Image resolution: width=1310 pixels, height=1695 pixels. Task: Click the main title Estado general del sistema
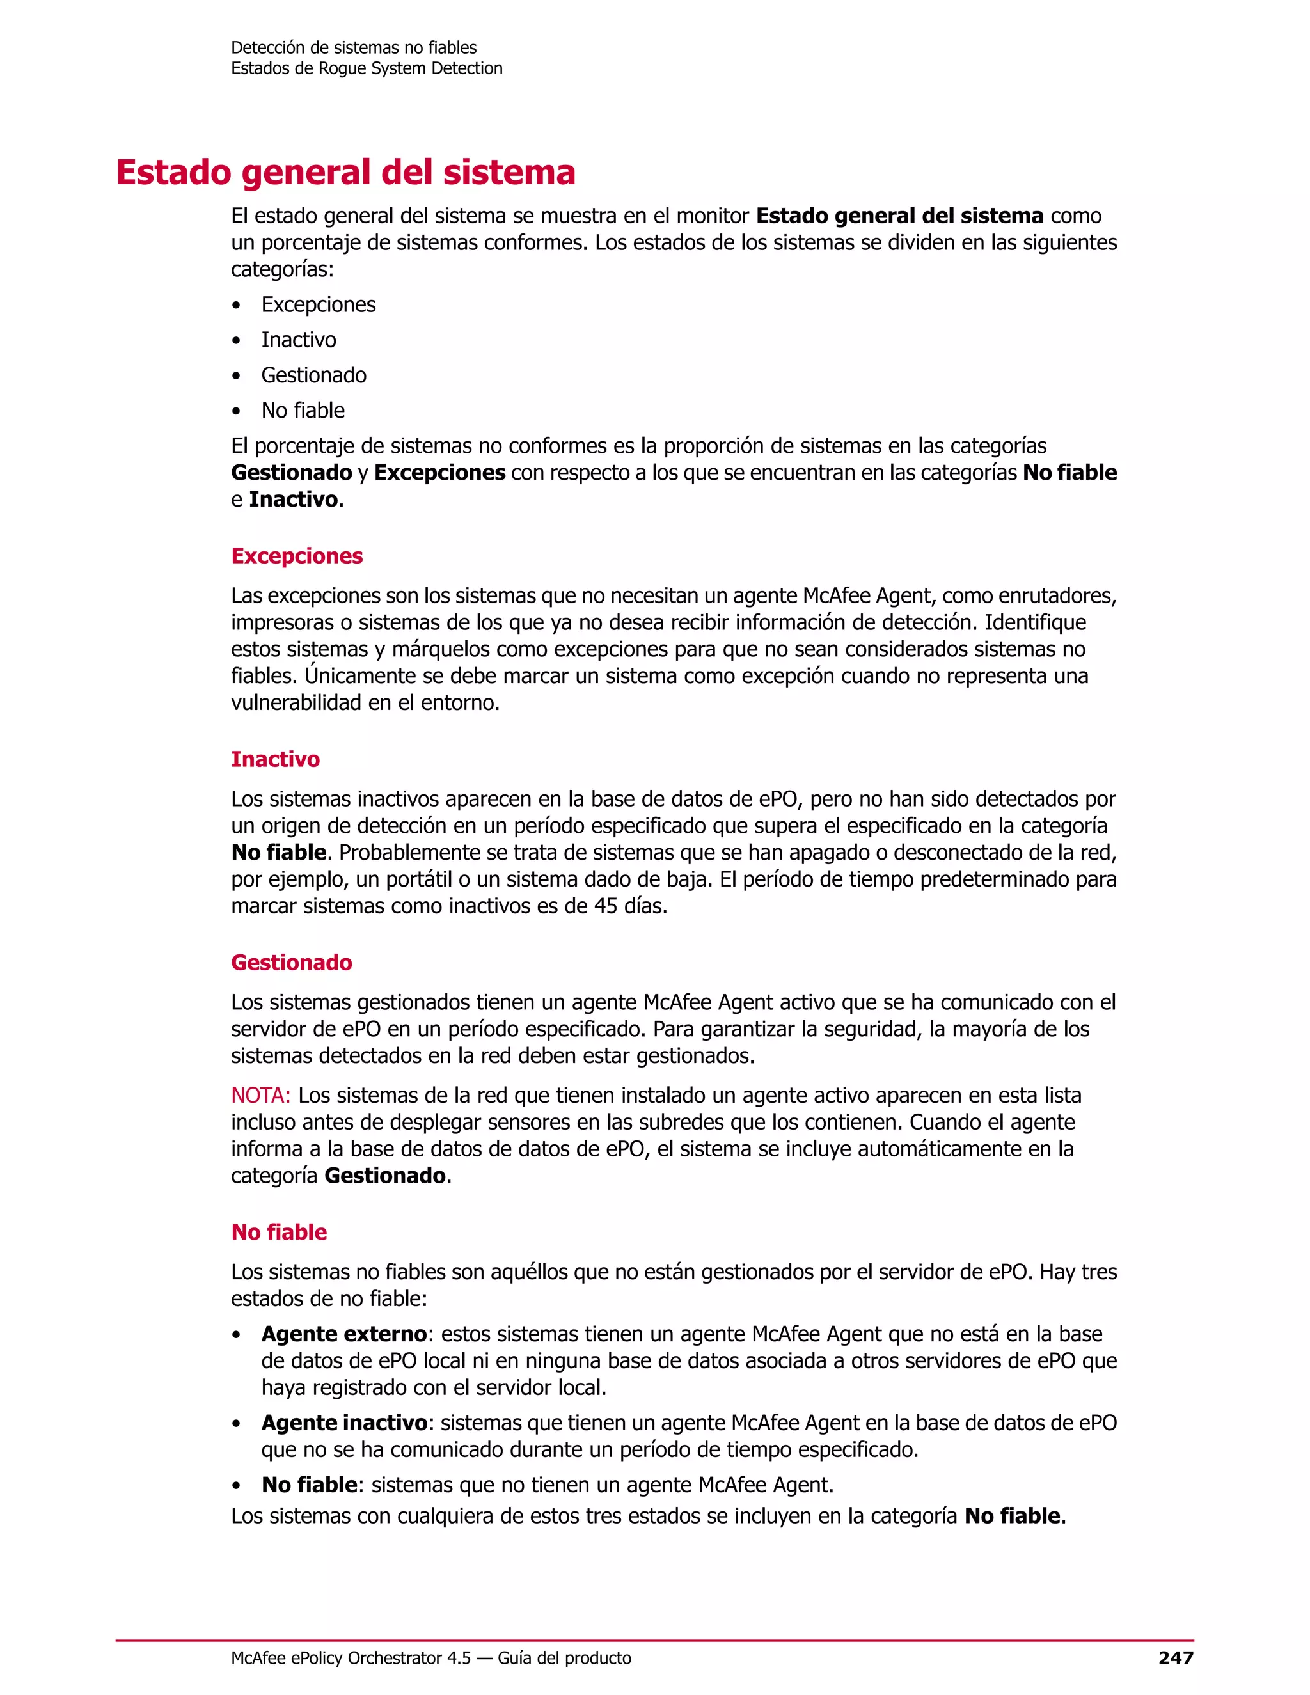tap(345, 172)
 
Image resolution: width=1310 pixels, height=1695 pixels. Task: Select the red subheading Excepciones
tap(296, 556)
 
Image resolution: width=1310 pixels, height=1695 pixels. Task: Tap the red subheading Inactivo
tap(274, 759)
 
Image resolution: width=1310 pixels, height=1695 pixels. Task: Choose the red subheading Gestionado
tap(291, 963)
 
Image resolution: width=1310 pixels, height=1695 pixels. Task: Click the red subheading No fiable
tap(279, 1232)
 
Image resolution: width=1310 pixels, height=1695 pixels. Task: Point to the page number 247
tap(1175, 1658)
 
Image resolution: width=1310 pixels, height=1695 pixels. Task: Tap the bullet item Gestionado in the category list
tap(313, 375)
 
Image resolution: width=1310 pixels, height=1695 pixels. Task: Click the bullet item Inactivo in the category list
tap(298, 340)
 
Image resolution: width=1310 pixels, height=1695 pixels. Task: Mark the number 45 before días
tap(605, 906)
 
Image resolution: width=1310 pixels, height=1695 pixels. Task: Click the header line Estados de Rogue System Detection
tap(367, 68)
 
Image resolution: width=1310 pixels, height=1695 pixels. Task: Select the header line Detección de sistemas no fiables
tap(353, 48)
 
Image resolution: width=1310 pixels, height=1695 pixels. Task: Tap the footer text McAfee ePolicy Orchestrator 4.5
tap(351, 1658)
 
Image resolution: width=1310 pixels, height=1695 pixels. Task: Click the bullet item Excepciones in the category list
tap(318, 304)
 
